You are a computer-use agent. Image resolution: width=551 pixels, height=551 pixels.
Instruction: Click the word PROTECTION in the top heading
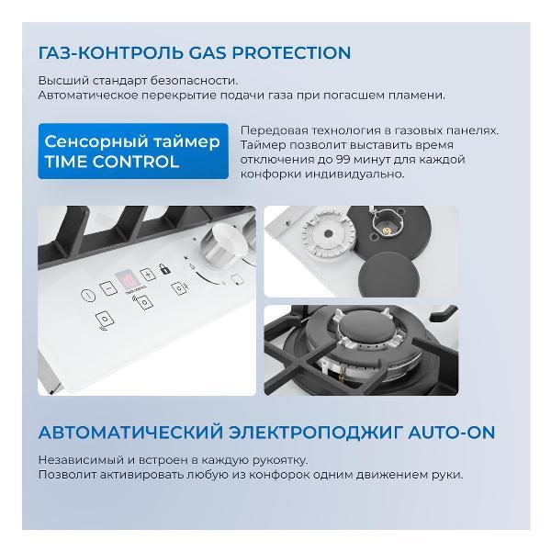click(x=291, y=52)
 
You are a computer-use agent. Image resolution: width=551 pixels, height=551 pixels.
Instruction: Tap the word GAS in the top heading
click(x=208, y=52)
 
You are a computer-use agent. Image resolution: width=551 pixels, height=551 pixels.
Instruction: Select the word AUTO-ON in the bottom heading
click(x=451, y=433)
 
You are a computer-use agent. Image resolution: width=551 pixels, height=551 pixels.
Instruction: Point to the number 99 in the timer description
click(x=343, y=160)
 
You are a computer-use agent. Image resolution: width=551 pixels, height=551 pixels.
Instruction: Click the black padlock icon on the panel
click(x=164, y=269)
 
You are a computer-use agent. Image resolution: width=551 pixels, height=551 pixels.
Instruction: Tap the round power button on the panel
click(x=88, y=295)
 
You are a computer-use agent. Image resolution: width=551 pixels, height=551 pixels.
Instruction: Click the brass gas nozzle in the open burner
click(x=387, y=231)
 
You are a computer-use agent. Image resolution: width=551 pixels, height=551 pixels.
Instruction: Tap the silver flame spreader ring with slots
click(x=328, y=234)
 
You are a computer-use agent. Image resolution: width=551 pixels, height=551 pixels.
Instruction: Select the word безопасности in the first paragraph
click(x=194, y=81)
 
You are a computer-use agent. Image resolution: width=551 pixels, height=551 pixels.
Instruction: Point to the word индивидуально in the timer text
click(x=354, y=174)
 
